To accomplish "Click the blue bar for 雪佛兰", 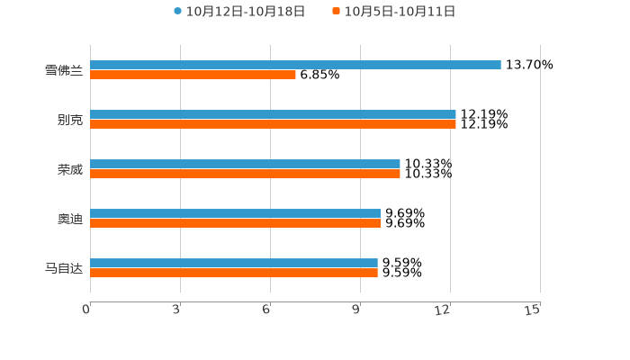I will (295, 65).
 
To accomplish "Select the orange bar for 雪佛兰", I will (193, 75).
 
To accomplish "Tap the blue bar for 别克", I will (273, 114).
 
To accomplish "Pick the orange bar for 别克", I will (273, 124).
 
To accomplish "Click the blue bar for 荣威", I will (245, 164).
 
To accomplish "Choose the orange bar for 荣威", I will (245, 174).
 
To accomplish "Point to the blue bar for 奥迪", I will (235, 213).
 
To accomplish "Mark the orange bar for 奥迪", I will (235, 223).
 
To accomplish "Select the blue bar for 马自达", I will (234, 263).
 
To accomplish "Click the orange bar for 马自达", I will (234, 273).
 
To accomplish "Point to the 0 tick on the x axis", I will (86, 310).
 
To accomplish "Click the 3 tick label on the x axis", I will (177, 310).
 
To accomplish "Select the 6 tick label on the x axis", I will (266, 310).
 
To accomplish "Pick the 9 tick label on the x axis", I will (356, 310).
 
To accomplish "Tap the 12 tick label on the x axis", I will (443, 310).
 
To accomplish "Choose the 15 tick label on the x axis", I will (533, 310).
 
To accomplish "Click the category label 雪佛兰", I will (64, 70).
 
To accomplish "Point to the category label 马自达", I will (64, 268).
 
